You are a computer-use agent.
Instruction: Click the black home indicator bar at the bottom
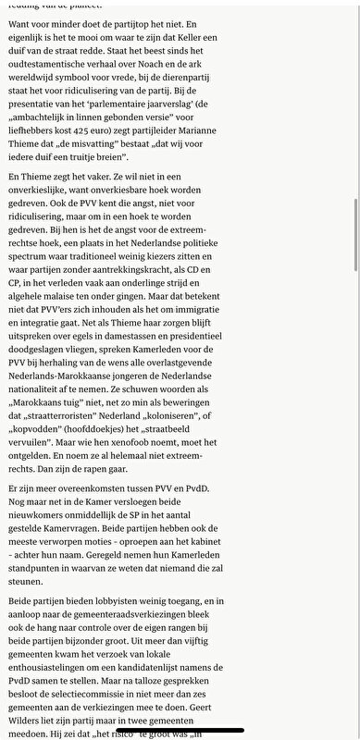(180, 730)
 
